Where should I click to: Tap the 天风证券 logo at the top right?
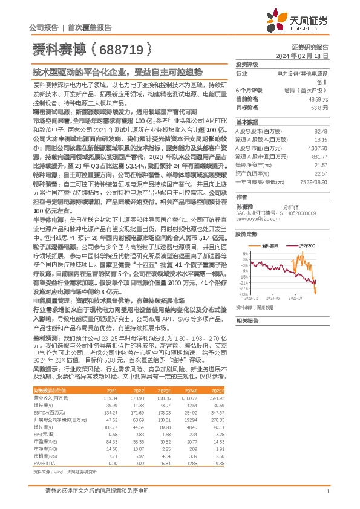pos(306,21)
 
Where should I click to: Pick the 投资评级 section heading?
pos(247,64)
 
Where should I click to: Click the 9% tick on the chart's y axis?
pos(246,254)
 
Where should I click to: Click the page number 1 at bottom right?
pos(327,491)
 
